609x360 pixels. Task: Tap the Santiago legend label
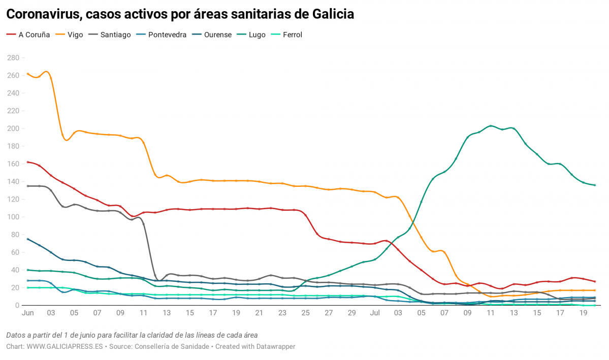coord(115,35)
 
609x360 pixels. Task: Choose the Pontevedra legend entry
coord(167,35)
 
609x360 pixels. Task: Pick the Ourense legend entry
coord(217,35)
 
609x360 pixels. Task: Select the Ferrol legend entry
coord(292,35)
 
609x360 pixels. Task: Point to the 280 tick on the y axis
coord(13,58)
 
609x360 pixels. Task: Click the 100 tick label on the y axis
coord(13,217)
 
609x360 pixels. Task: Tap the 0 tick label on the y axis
coord(17,305)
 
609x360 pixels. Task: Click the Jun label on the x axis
coord(27,314)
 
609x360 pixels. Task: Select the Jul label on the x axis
coord(375,314)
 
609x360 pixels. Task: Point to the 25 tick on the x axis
coord(305,314)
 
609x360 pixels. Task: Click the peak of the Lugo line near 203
coord(490,125)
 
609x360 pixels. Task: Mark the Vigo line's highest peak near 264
coord(46,72)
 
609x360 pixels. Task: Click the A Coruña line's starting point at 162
coord(27,162)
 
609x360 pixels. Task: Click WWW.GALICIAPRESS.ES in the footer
coord(65,346)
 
